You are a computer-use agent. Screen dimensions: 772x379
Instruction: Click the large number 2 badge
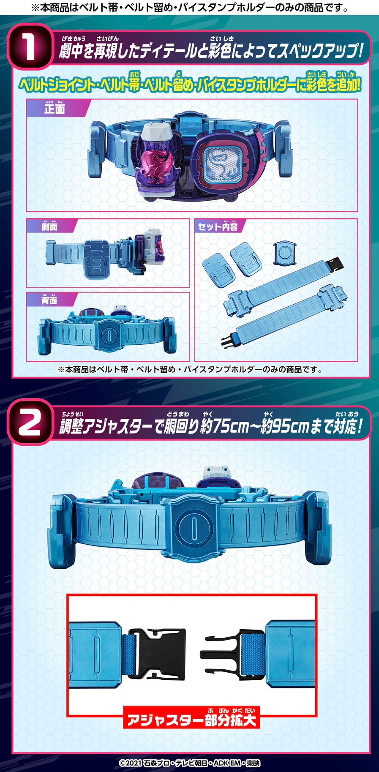pyautogui.click(x=29, y=423)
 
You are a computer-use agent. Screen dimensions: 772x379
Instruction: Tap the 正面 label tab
pyautogui.click(x=55, y=109)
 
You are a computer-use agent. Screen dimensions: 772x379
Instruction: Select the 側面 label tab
pyautogui.click(x=49, y=227)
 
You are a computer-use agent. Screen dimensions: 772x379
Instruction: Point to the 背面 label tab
pyautogui.click(x=49, y=300)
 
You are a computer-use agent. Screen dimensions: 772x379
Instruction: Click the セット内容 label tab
pyautogui.click(x=218, y=227)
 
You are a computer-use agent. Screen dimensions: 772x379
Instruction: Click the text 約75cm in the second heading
pyautogui.click(x=224, y=427)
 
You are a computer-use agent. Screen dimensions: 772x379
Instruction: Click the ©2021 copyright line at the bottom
pyautogui.click(x=189, y=763)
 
